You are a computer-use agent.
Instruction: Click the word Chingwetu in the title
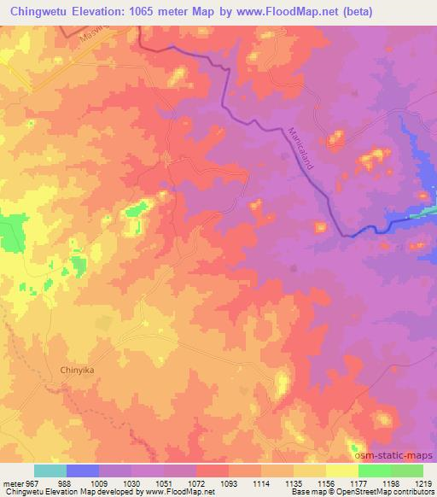tap(38, 9)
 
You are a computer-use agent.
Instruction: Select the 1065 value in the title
tap(154, 9)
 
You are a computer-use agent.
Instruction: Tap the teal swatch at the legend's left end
tap(50, 471)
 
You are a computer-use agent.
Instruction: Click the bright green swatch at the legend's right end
tap(406, 471)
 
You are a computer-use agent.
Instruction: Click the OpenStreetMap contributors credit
tap(385, 492)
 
